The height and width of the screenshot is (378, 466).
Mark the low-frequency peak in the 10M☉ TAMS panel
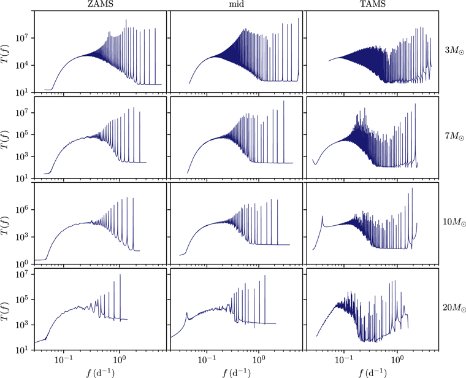click(x=323, y=217)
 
